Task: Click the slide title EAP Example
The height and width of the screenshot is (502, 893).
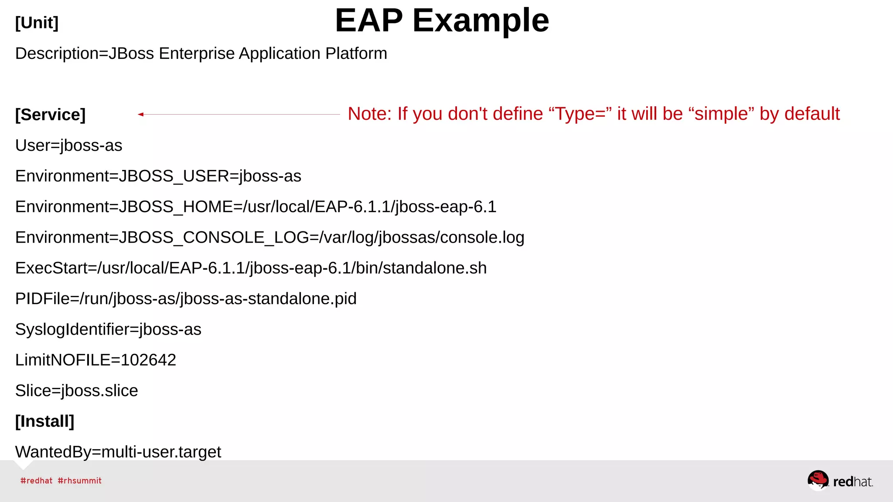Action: tap(442, 20)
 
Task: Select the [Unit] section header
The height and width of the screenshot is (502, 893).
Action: tap(37, 23)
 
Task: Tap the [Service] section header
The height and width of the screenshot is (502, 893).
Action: tap(50, 115)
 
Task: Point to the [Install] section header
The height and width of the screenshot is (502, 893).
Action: tap(44, 421)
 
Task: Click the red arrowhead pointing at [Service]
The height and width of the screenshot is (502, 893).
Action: tap(140, 115)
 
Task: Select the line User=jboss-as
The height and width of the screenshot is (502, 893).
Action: tap(68, 146)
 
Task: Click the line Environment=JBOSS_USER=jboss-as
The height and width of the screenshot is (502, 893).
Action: tap(158, 176)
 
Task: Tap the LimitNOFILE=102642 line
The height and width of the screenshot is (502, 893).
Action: tap(95, 360)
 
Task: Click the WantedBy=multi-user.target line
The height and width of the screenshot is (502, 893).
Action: tap(118, 452)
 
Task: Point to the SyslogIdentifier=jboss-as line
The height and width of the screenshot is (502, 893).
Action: tap(108, 329)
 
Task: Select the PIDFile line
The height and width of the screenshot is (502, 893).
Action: tap(186, 299)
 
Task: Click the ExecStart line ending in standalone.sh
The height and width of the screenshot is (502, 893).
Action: tap(251, 268)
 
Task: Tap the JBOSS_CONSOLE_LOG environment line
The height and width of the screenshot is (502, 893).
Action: tap(269, 237)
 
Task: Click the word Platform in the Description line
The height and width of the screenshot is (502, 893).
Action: tap(356, 54)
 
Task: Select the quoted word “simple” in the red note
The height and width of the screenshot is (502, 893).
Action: tap(721, 114)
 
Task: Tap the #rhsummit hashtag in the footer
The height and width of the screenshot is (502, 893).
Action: tap(79, 481)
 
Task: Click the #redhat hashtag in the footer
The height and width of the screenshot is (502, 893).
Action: tap(36, 481)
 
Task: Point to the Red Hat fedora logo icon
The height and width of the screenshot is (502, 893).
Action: tap(818, 480)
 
